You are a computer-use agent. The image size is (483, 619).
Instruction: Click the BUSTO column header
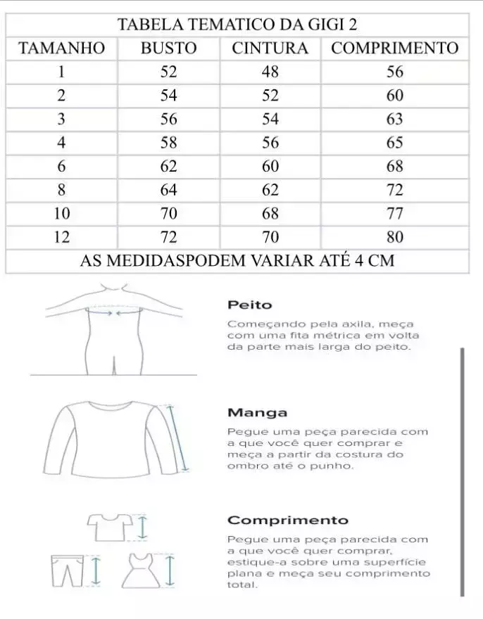(x=168, y=48)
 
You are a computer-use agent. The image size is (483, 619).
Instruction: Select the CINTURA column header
(x=270, y=48)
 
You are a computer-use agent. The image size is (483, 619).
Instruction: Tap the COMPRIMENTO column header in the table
(x=394, y=48)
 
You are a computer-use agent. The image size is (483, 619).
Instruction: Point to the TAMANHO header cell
(x=61, y=48)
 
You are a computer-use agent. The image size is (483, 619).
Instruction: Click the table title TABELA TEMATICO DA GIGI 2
(x=237, y=24)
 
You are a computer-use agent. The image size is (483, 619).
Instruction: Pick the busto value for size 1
(x=168, y=72)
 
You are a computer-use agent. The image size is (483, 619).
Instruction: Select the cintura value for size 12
(x=270, y=237)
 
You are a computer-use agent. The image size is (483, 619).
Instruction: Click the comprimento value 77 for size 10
(x=394, y=213)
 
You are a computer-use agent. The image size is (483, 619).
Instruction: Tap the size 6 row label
(x=61, y=166)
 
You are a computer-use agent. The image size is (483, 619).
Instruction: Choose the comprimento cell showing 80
(x=394, y=237)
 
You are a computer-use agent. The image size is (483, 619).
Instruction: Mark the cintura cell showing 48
(x=270, y=72)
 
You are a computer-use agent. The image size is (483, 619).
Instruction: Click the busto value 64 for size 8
(x=168, y=190)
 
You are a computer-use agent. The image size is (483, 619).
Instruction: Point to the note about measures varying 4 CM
(x=237, y=261)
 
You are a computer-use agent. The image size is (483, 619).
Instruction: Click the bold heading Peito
(x=249, y=305)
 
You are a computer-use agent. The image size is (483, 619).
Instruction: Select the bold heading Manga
(x=257, y=413)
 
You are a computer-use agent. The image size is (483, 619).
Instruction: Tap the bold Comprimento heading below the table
(x=287, y=521)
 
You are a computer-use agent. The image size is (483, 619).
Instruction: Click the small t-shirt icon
(x=109, y=526)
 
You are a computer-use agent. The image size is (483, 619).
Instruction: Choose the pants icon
(x=67, y=571)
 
